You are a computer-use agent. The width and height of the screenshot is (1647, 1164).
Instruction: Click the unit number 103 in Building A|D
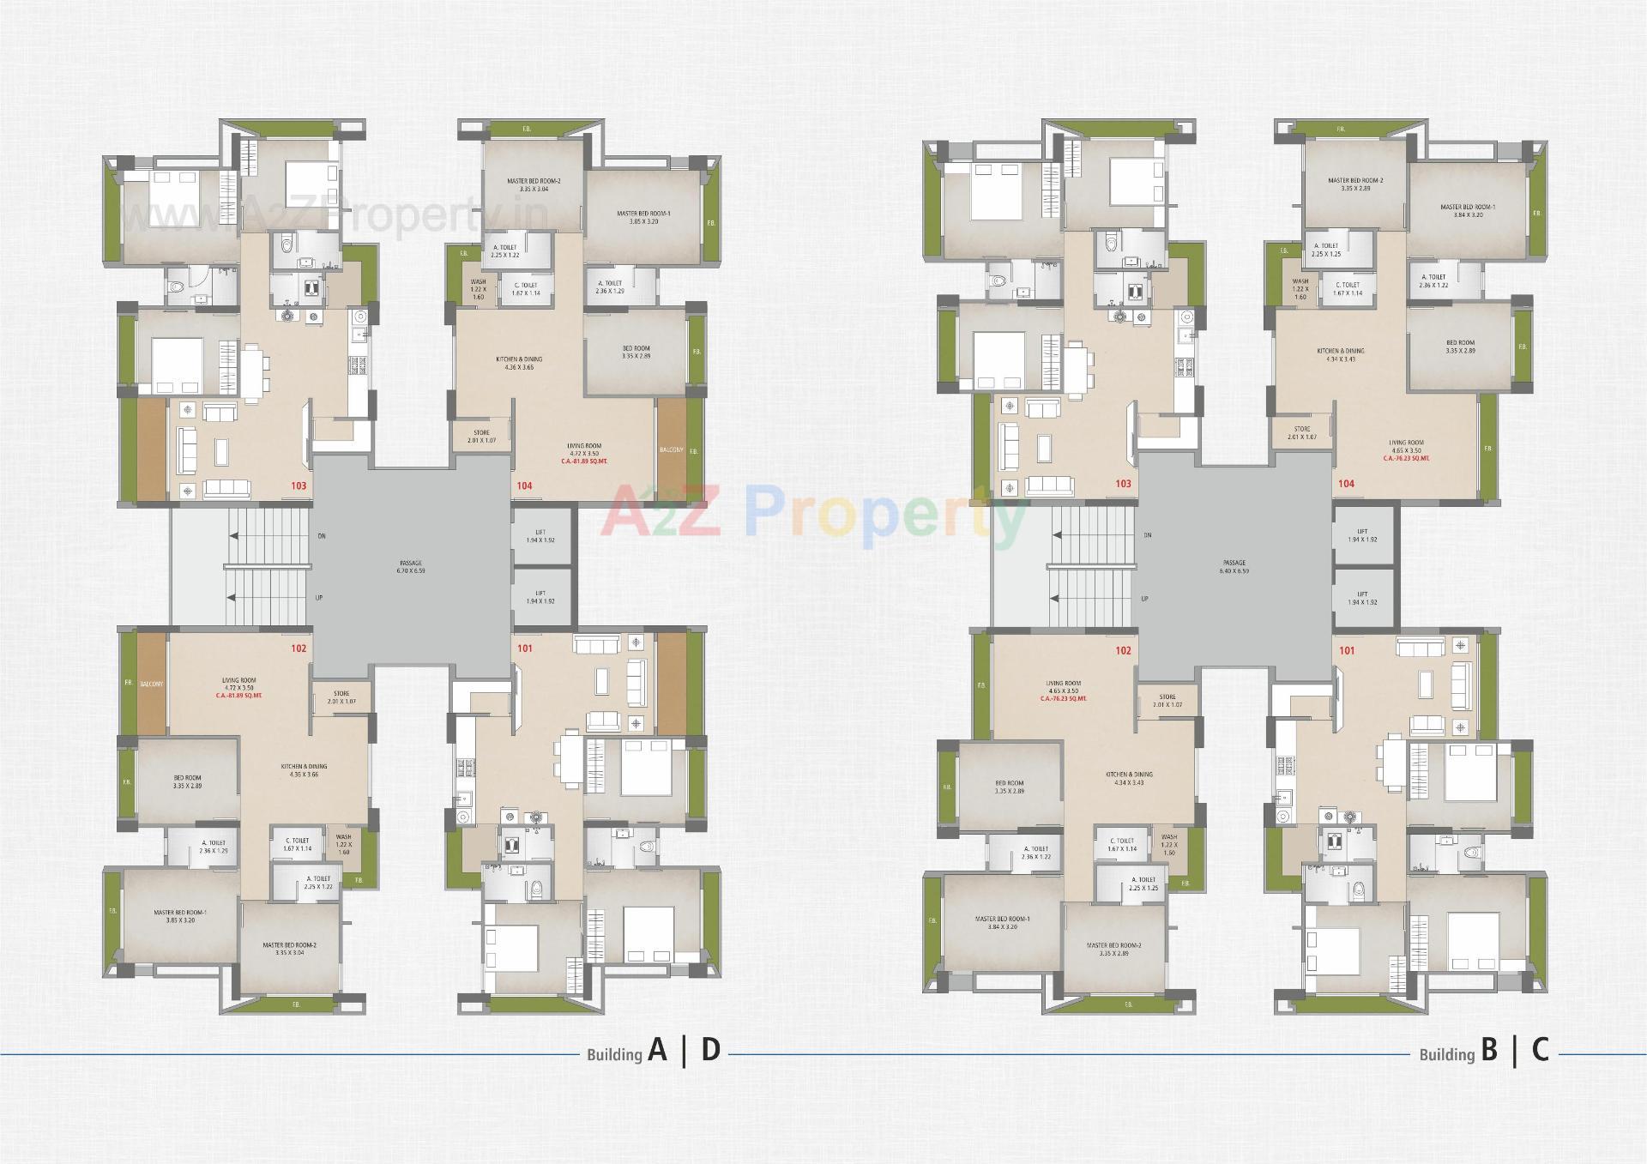pos(299,486)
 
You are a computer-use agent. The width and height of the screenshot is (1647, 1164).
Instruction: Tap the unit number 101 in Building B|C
pos(1347,650)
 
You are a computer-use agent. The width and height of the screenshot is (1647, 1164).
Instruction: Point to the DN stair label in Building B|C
pos(1147,534)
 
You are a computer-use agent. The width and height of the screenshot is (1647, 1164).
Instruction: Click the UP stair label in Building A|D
pos(318,597)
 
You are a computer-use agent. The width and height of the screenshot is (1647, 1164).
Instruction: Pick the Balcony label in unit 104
pos(671,449)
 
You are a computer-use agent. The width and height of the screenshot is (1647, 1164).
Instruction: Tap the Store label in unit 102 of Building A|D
pos(341,694)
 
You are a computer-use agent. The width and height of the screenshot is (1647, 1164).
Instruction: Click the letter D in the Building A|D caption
pos(710,1050)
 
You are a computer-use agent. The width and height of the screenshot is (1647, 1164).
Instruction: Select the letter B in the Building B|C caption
pos(1488,1050)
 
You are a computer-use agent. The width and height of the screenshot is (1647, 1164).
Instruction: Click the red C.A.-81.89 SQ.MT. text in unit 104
pos(583,461)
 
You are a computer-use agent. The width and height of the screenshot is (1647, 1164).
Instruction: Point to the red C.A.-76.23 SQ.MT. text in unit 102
pos(1063,698)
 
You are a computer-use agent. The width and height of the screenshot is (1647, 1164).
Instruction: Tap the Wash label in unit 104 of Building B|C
pos(1300,281)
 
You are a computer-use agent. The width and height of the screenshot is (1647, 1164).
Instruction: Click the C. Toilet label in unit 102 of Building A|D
pos(298,841)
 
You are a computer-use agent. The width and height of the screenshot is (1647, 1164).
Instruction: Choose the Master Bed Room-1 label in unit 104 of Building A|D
pos(644,214)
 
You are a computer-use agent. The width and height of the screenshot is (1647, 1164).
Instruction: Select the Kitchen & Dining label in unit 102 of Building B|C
pos(1129,775)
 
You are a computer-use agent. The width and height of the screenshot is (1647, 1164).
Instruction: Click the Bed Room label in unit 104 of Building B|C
pos(1460,343)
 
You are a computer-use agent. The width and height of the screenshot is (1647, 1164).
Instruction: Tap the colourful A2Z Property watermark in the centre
pos(814,513)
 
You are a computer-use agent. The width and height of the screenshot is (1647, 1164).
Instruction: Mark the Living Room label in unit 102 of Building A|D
pos(238,680)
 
